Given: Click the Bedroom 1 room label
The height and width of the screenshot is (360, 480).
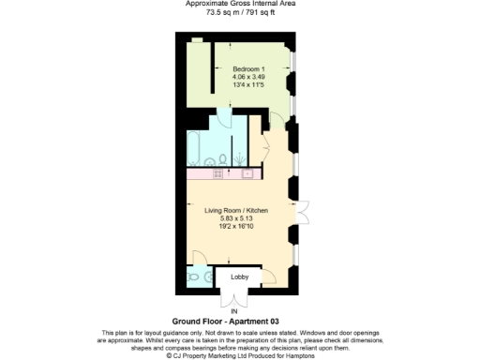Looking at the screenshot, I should click(x=248, y=68).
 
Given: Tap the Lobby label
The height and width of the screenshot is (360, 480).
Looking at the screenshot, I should click(x=239, y=278).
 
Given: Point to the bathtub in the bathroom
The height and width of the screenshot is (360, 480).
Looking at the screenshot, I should click(x=196, y=144).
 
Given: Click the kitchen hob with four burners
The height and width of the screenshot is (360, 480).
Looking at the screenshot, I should click(x=217, y=173).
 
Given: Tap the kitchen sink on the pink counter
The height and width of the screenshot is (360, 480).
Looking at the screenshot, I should click(x=248, y=173).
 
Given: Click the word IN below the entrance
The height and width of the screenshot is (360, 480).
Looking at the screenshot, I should click(x=234, y=310).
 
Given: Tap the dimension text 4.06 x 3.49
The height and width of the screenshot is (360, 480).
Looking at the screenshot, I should click(x=248, y=77).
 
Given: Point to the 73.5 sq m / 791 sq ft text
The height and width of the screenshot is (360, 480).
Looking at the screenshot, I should click(x=239, y=12).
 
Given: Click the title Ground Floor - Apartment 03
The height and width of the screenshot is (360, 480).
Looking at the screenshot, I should click(x=239, y=322).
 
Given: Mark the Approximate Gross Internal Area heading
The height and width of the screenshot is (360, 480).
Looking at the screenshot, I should click(x=239, y=4).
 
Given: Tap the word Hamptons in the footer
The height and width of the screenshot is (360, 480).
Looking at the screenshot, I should click(x=297, y=355).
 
